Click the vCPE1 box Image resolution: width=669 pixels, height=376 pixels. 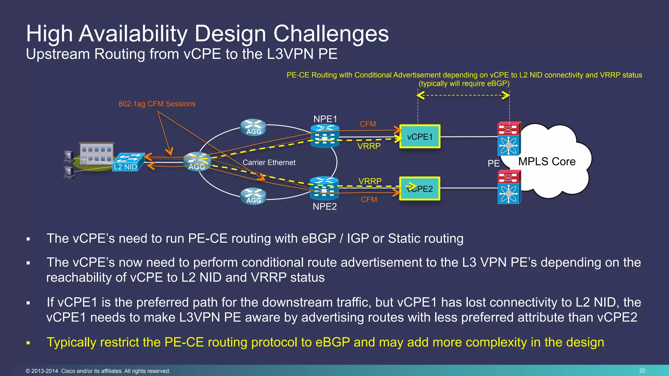tap(420, 136)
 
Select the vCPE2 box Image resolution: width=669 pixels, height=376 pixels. tap(420, 189)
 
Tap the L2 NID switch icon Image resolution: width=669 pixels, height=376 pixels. tap(128, 162)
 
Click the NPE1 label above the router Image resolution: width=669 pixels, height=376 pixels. tap(325, 119)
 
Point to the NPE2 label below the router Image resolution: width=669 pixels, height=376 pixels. tap(325, 207)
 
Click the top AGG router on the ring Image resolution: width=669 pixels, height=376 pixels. tap(253, 127)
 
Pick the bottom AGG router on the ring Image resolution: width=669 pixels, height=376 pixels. tap(253, 196)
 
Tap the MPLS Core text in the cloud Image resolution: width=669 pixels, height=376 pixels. tap(547, 162)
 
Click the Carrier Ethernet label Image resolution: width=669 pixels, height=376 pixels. tap(269, 163)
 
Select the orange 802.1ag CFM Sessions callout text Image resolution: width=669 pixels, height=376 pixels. tap(157, 104)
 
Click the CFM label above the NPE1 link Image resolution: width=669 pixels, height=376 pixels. tap(368, 124)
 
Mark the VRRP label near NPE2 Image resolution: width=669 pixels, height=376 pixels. tap(370, 181)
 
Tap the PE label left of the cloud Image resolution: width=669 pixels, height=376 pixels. tap(494, 163)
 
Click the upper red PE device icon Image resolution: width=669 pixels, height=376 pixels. tap(509, 129)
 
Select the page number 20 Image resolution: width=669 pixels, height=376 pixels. tap(642, 371)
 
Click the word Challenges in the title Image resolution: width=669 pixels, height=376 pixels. tap(331, 34)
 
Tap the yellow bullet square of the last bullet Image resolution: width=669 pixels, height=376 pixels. tap(28, 343)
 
